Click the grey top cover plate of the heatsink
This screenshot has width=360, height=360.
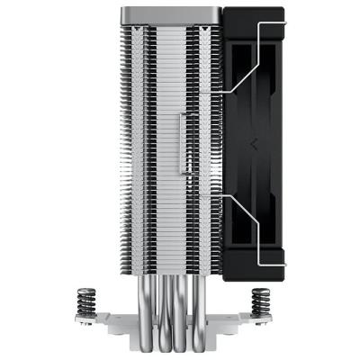click(x=171, y=13)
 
